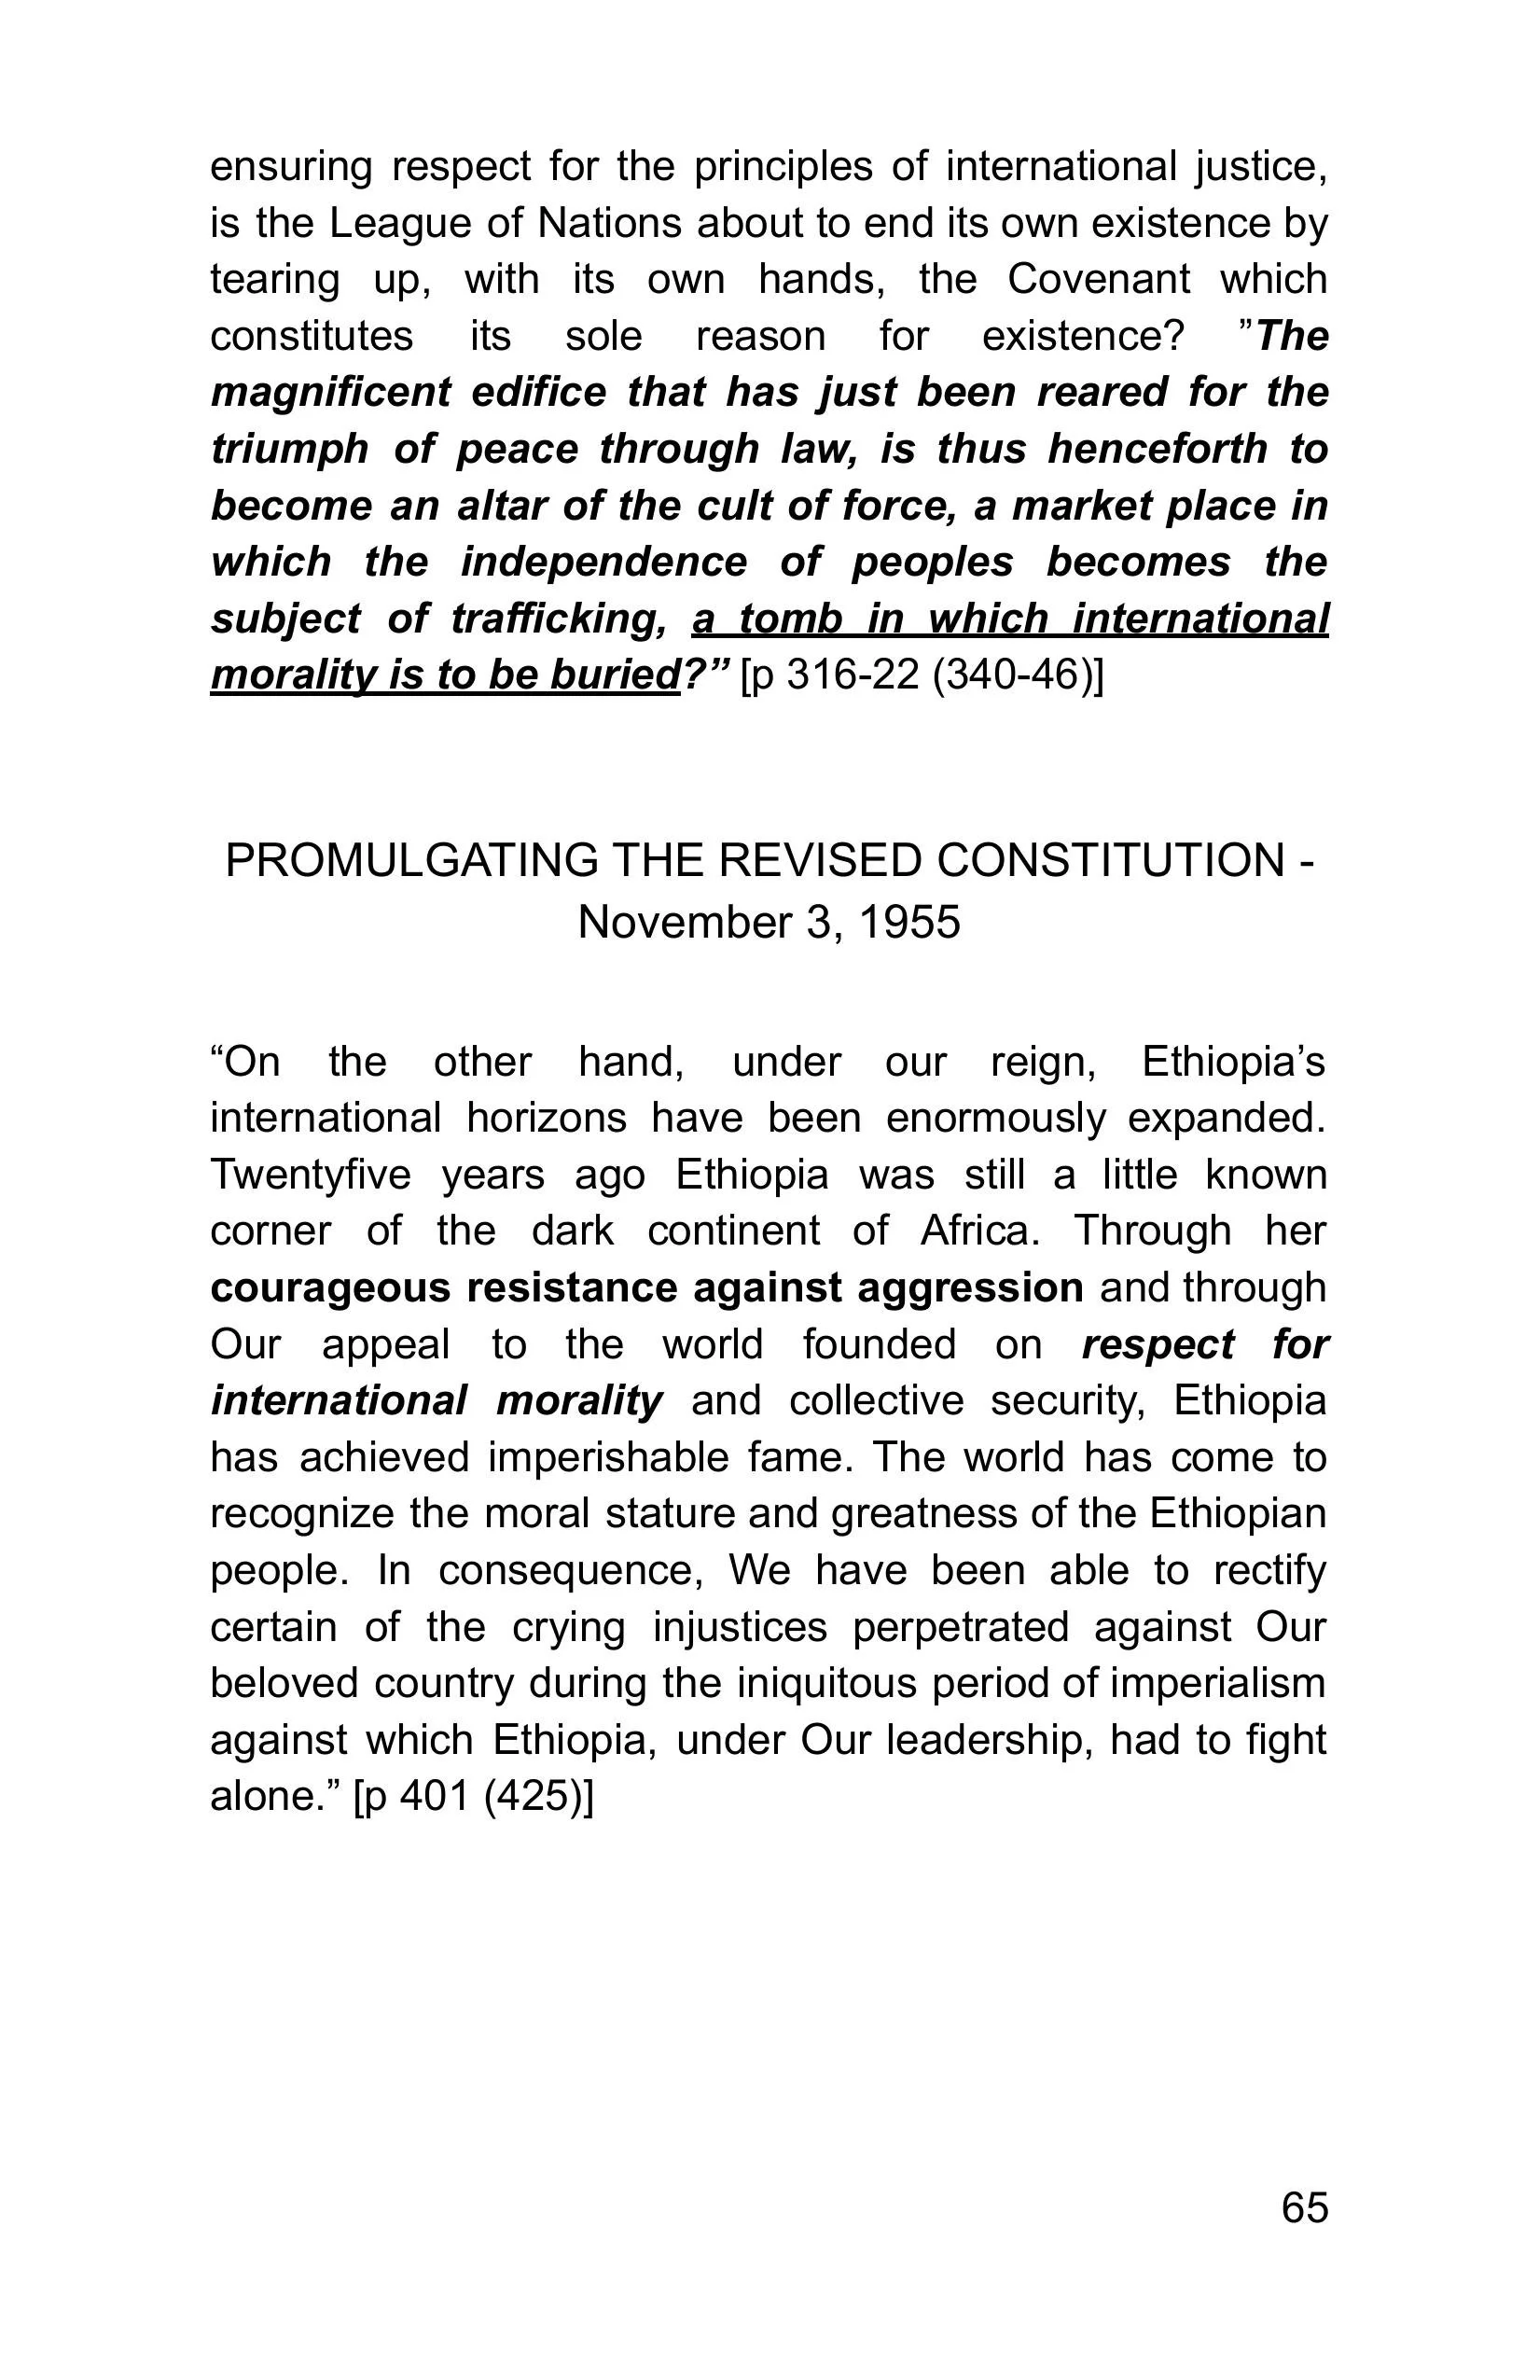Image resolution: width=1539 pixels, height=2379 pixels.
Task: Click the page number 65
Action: coord(1304,2207)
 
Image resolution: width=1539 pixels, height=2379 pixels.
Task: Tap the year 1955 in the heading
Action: coord(908,922)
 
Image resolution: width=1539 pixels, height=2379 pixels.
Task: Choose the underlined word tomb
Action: coord(791,619)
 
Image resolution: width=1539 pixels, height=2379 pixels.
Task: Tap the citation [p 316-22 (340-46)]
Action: coord(922,675)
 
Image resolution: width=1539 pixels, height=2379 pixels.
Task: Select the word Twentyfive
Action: coord(311,1175)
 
